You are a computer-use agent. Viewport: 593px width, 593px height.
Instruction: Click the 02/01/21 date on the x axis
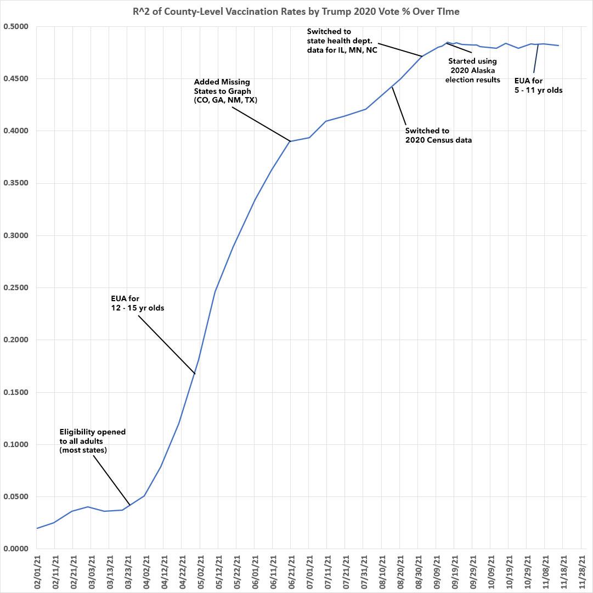(37, 571)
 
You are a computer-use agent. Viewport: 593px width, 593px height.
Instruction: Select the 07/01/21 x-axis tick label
(309, 571)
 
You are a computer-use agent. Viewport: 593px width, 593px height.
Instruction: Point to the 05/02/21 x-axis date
(200, 571)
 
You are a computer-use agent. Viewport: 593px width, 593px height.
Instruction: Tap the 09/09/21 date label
(436, 571)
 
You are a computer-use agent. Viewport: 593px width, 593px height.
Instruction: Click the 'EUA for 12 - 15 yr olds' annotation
(137, 303)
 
